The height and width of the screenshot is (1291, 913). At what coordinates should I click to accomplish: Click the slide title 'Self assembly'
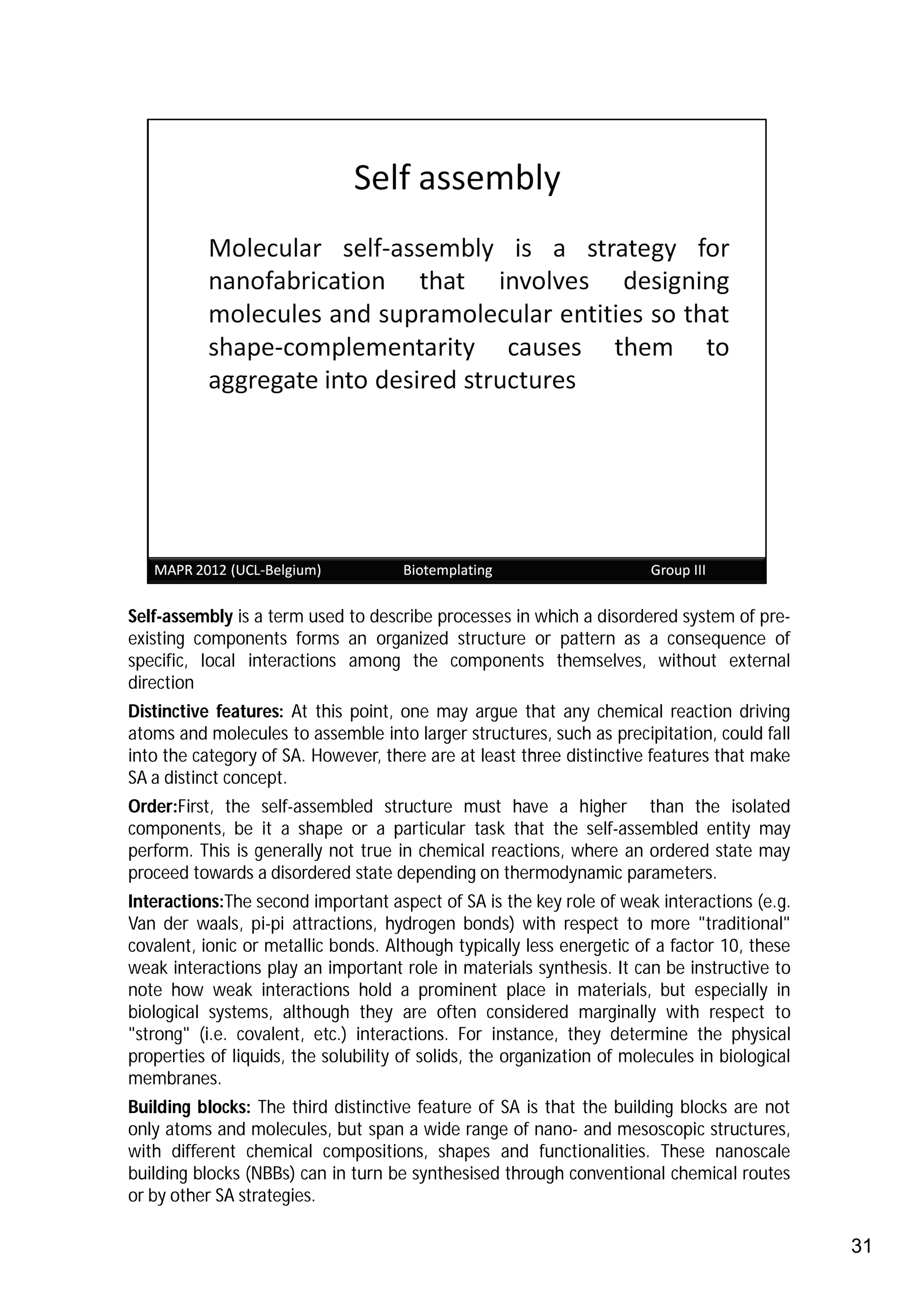[x=456, y=178]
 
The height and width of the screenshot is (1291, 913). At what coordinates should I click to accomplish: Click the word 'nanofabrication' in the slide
[x=296, y=281]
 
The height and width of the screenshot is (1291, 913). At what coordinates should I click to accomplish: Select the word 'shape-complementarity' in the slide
[x=341, y=347]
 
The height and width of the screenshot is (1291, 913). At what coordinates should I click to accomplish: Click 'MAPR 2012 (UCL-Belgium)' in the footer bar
[x=237, y=570]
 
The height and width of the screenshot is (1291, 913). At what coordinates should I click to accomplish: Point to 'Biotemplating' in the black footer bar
[x=448, y=570]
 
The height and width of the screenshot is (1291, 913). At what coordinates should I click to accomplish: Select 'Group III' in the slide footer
[x=678, y=570]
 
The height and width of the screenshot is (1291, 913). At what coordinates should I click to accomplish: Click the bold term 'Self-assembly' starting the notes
[x=180, y=617]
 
